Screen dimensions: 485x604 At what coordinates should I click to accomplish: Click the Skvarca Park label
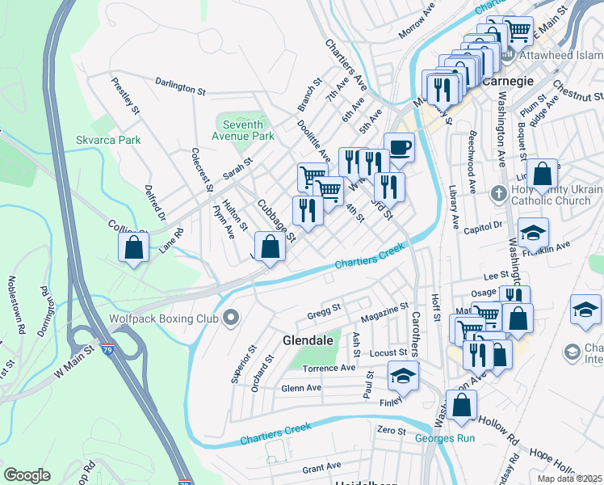(x=107, y=140)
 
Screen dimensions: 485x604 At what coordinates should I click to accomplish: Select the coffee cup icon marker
(x=399, y=148)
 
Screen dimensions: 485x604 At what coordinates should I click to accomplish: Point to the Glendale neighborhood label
(x=308, y=340)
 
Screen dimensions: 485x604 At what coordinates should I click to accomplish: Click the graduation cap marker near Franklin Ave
(x=533, y=233)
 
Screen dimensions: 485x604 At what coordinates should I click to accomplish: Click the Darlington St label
(x=179, y=86)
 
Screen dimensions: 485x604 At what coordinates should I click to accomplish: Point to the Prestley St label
(x=127, y=95)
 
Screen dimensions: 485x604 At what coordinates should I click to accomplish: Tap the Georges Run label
(x=445, y=438)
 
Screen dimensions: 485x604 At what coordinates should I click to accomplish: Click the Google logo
(x=27, y=475)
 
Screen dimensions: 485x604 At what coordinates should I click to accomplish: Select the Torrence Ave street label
(x=329, y=368)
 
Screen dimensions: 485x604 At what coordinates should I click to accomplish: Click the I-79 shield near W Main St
(x=108, y=350)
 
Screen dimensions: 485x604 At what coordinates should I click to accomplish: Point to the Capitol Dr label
(x=484, y=228)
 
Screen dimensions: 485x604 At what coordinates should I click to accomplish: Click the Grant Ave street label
(x=321, y=468)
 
